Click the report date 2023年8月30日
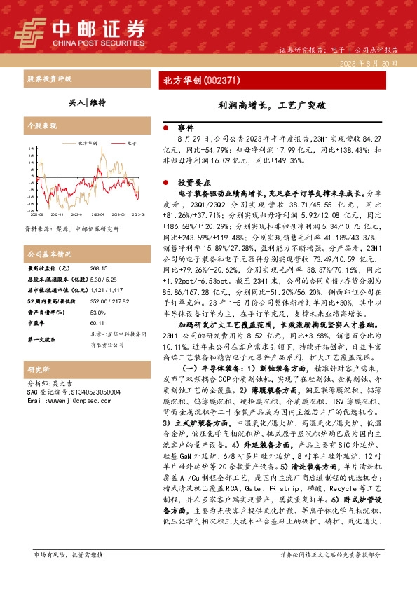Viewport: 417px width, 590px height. (376, 63)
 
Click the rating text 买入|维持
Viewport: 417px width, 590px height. (87, 102)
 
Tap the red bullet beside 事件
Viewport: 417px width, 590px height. (165, 130)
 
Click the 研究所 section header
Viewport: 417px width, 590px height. (36, 388)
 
